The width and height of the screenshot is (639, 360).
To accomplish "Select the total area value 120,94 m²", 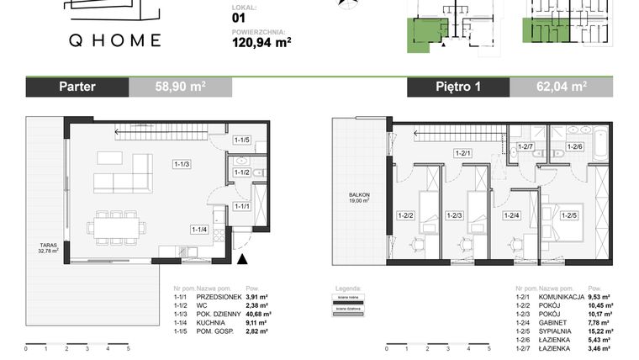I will coord(261,39).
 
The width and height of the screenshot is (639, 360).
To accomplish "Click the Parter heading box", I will coord(77,86).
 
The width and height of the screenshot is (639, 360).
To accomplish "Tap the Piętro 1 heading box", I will coord(458,86).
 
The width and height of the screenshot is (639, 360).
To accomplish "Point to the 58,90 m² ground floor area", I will coord(181,86).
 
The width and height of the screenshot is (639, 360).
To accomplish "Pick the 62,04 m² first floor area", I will coord(562,86).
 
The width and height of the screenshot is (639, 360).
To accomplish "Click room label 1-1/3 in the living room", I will coord(182,164).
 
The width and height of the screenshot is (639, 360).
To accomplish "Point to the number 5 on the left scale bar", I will coord(128,347).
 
